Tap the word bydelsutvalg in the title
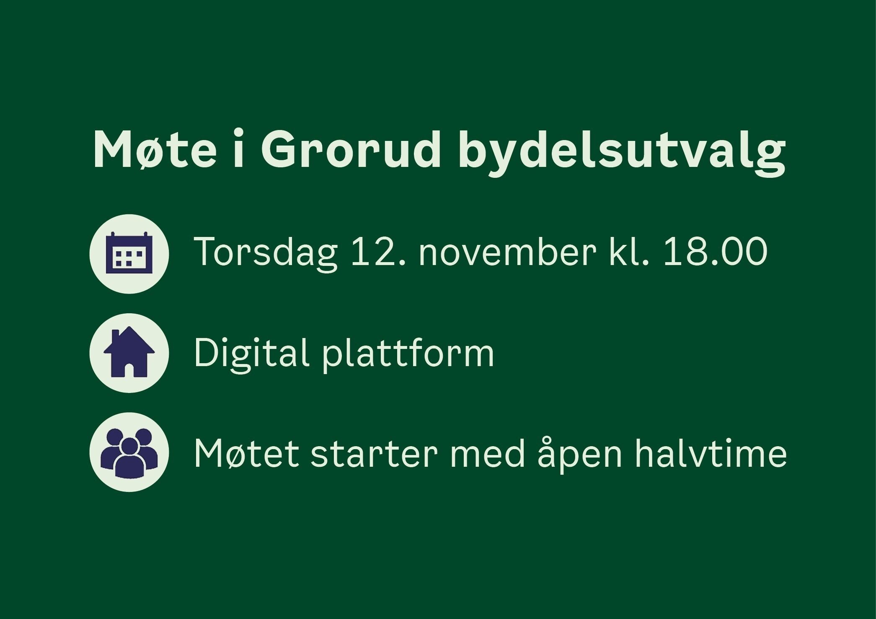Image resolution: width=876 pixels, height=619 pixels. click(622, 152)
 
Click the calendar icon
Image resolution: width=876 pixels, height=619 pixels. click(129, 254)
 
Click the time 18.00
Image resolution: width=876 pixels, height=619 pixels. click(716, 252)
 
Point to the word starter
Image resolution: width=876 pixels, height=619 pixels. click(374, 454)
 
